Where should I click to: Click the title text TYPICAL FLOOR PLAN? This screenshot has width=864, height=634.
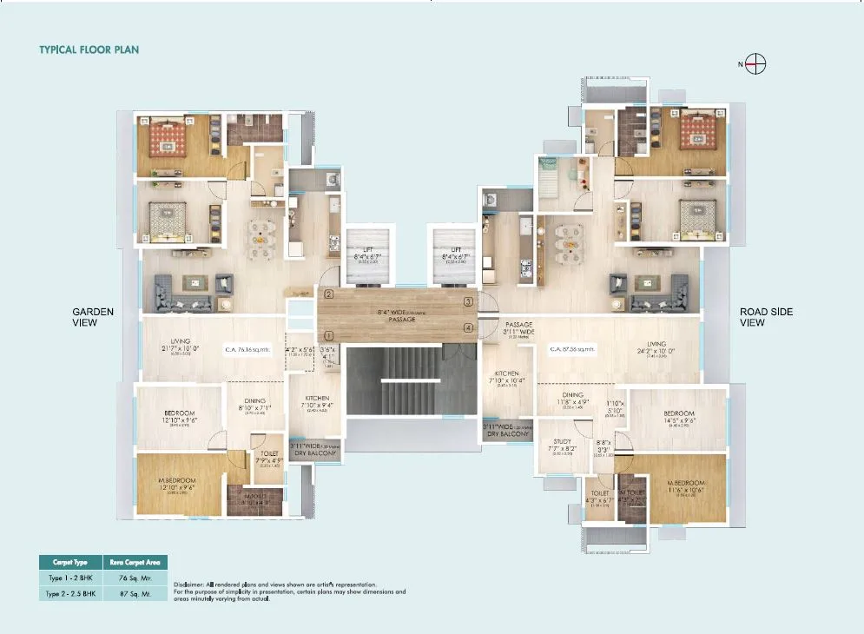coord(89,50)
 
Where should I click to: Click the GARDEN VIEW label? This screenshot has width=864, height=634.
coord(92,317)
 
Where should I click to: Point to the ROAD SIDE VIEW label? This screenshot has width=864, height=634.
coord(766,317)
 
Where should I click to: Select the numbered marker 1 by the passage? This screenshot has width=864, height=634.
coord(329,335)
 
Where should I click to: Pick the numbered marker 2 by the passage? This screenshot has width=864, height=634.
coord(329,294)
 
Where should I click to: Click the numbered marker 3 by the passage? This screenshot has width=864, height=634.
coord(468,301)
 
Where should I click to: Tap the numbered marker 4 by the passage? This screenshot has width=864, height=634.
coord(468,327)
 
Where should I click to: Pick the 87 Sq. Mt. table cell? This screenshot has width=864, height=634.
coord(135,593)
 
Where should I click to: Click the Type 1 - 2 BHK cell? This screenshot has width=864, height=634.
coord(69,578)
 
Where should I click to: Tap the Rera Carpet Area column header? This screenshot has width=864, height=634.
coord(135,562)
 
